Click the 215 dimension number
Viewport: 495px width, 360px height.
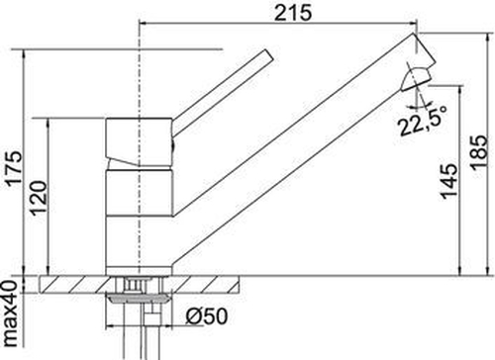coord(293,13)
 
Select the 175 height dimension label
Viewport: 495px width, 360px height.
coord(15,168)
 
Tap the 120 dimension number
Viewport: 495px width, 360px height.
coord(40,199)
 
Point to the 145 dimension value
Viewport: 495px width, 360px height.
coord(449,181)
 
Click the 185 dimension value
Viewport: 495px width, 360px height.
coord(479,152)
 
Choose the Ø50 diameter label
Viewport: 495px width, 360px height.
coord(207,315)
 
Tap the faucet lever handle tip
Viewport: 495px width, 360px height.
coord(268,54)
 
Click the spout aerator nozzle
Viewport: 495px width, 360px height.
coord(416,79)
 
